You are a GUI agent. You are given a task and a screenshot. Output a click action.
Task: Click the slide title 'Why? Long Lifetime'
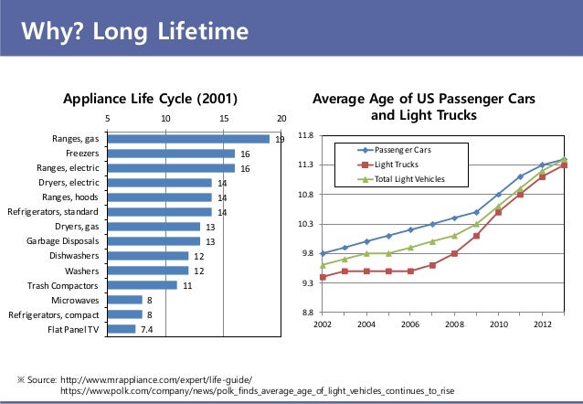tap(135, 33)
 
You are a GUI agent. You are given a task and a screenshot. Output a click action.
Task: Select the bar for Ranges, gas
tap(188, 139)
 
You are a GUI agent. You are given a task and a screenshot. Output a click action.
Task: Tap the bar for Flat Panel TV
tap(122, 329)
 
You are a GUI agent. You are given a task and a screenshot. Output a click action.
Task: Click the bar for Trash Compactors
tap(143, 285)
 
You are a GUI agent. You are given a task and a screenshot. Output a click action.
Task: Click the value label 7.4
tap(146, 329)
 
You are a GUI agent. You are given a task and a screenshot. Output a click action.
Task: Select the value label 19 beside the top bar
tap(280, 140)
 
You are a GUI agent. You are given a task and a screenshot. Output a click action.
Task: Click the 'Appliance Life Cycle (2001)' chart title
tap(149, 99)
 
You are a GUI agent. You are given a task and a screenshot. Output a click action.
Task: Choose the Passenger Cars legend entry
tap(396, 149)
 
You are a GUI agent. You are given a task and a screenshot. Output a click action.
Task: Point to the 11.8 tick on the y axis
tap(306, 136)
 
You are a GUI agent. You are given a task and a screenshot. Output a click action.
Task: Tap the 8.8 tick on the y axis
tap(306, 314)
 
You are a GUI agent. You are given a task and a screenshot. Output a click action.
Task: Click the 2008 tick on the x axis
tap(455, 324)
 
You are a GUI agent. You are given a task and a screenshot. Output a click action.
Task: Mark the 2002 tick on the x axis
tap(323, 324)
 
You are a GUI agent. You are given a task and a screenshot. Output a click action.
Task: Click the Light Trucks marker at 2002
tap(323, 277)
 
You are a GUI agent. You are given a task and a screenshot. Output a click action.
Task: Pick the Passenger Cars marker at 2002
tap(323, 253)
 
